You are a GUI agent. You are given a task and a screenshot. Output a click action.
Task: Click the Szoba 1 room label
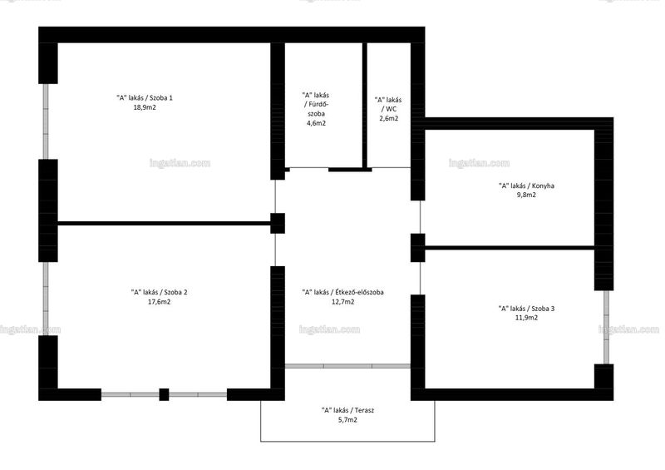pyautogui.click(x=145, y=97)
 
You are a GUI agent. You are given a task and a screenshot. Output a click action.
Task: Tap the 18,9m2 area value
pyautogui.click(x=145, y=107)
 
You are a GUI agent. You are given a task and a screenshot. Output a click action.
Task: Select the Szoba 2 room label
pyautogui.click(x=159, y=292)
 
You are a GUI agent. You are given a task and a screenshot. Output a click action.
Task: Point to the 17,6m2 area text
pyautogui.click(x=159, y=302)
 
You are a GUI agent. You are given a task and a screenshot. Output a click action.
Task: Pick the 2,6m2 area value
pyautogui.click(x=388, y=118)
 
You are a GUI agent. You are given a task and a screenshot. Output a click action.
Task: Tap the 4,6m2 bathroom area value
pyautogui.click(x=316, y=123)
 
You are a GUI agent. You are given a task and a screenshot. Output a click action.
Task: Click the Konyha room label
pyautogui.click(x=526, y=186)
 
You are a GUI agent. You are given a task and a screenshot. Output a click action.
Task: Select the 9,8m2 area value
pyautogui.click(x=526, y=195)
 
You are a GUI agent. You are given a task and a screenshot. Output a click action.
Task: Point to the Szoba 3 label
pyautogui.click(x=526, y=309)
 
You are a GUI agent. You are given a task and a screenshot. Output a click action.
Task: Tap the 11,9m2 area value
pyautogui.click(x=526, y=318)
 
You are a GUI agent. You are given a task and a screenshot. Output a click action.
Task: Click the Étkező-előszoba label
pyautogui.click(x=342, y=292)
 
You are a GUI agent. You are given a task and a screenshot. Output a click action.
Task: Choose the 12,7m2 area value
pyautogui.click(x=342, y=302)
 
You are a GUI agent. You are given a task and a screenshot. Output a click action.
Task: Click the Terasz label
pyautogui.click(x=347, y=410)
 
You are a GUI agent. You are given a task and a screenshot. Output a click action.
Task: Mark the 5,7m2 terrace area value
pyautogui.click(x=347, y=420)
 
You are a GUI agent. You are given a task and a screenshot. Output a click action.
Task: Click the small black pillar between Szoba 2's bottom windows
pyautogui.click(x=164, y=394)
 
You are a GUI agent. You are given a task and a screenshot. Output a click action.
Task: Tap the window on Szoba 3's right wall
pyautogui.click(x=607, y=327)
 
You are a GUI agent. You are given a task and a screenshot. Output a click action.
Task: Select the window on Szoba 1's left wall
pyautogui.click(x=46, y=121)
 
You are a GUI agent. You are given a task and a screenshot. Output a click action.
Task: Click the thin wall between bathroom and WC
pyautogui.click(x=364, y=106)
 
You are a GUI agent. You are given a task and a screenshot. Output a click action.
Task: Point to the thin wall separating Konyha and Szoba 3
pyautogui.click(x=510, y=247)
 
